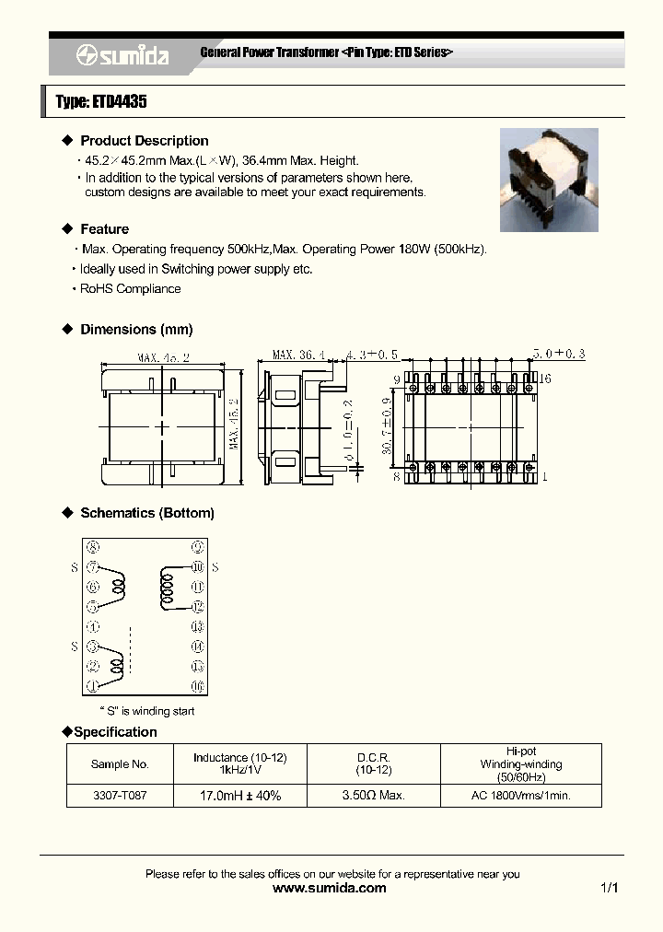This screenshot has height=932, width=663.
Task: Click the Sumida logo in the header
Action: pyautogui.click(x=122, y=55)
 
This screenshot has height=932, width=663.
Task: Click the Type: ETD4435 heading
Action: pyautogui.click(x=101, y=102)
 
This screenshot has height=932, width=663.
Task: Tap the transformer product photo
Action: pyautogui.click(x=548, y=180)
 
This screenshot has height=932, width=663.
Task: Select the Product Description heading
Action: pyautogui.click(x=144, y=141)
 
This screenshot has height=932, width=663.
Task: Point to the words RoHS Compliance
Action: pyautogui.click(x=130, y=288)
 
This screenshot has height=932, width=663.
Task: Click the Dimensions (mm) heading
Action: pyautogui.click(x=136, y=330)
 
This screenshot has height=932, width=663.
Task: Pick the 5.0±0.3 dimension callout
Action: pyautogui.click(x=558, y=354)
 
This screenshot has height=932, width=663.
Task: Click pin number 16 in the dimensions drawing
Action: pyautogui.click(x=545, y=379)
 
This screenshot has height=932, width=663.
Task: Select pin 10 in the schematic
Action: pyautogui.click(x=196, y=567)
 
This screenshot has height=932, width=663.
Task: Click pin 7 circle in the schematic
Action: pyautogui.click(x=92, y=567)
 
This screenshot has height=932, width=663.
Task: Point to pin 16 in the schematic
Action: pyautogui.click(x=196, y=686)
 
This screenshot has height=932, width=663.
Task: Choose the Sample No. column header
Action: pyautogui.click(x=120, y=764)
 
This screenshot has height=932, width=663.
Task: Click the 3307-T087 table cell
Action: pyautogui.click(x=120, y=795)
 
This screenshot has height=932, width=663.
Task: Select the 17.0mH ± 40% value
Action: pyautogui.click(x=239, y=795)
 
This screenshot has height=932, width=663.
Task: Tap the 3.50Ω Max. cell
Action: pyautogui.click(x=373, y=795)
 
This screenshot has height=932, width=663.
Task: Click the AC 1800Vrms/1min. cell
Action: pyautogui.click(x=521, y=795)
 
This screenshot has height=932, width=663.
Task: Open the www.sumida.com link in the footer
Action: pyautogui.click(x=331, y=889)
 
